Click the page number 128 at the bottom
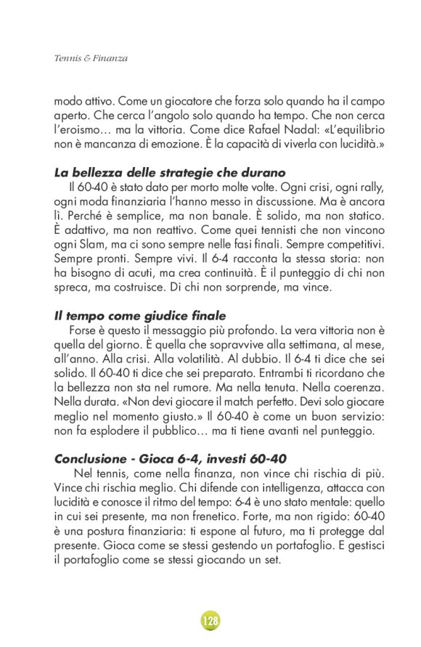pos(210,621)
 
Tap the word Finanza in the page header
pos(112,58)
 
